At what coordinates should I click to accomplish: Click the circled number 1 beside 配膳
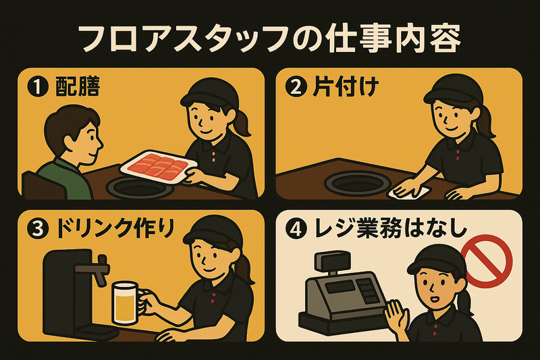click(37, 87)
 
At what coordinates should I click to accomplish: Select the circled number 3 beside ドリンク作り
click(37, 230)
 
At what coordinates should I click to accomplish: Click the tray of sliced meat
click(159, 167)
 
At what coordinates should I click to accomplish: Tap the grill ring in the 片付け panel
click(358, 182)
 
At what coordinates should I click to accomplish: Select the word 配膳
click(78, 87)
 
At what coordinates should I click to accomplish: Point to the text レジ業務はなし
click(391, 229)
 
